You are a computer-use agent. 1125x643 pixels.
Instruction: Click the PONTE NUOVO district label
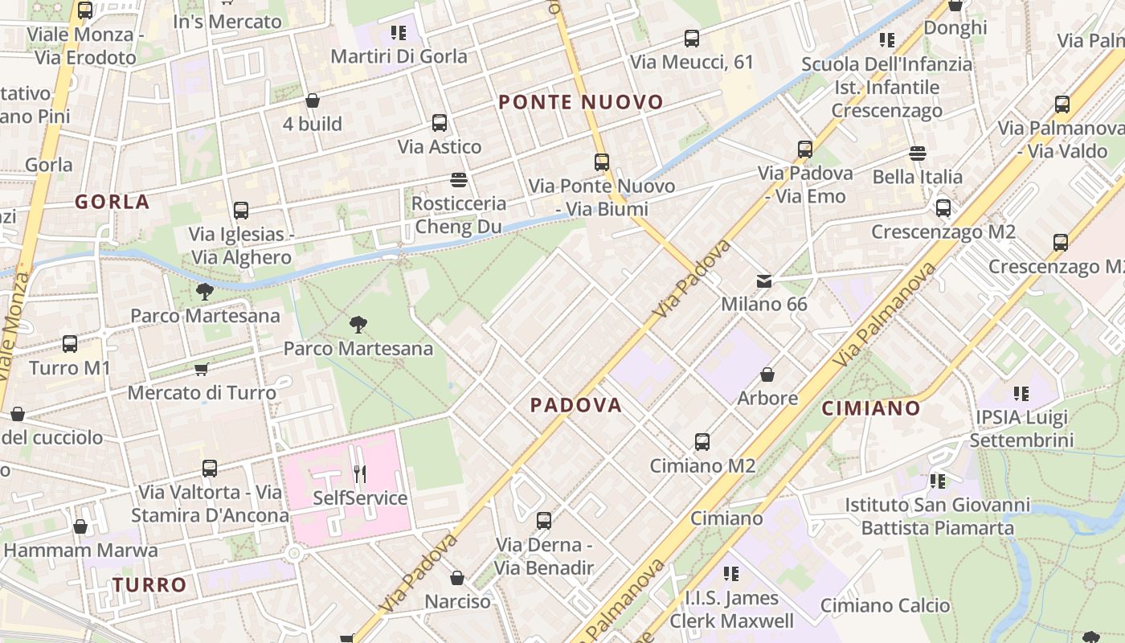tap(581, 102)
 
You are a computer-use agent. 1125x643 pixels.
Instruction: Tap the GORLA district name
tap(112, 202)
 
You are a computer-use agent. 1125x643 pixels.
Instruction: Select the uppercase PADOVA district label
tap(576, 405)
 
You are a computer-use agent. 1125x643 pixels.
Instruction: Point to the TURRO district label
tap(149, 585)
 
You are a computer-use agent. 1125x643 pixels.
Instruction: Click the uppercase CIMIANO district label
tap(871, 408)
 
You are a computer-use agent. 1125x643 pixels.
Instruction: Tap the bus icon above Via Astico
tap(440, 123)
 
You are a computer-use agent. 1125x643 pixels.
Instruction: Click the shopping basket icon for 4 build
tap(313, 100)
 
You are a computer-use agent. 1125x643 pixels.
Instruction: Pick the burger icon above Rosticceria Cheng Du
tap(459, 179)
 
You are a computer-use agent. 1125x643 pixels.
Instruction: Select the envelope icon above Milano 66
tap(764, 281)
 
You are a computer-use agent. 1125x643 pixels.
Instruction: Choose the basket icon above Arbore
tap(767, 375)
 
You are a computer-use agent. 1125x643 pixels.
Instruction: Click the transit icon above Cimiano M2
tap(702, 441)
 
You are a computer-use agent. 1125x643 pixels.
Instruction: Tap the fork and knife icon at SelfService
tap(360, 474)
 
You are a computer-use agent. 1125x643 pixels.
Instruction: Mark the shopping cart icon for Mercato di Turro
tap(202, 369)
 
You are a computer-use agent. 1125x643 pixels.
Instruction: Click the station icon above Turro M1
tap(70, 344)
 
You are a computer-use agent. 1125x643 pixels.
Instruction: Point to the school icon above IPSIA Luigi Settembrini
tap(1021, 394)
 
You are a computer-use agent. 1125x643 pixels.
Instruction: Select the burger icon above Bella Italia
tap(918, 153)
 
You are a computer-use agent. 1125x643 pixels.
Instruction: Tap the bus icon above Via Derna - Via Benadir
tap(544, 521)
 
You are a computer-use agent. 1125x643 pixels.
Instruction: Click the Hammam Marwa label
tap(81, 551)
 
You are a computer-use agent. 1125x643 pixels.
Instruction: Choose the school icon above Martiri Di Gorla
tap(399, 33)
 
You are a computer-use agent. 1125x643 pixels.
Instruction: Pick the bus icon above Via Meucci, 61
tap(692, 38)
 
